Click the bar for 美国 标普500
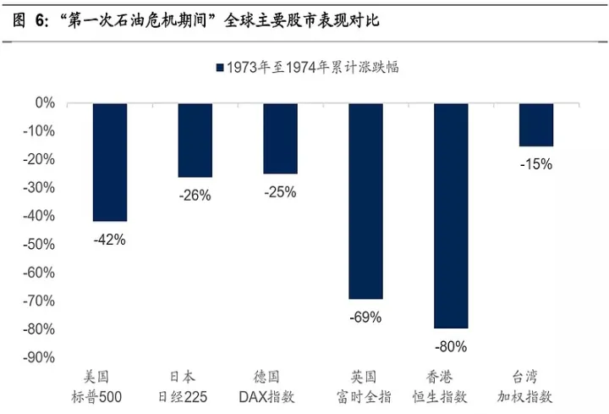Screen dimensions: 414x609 point(110,162)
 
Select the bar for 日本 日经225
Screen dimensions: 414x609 point(195,140)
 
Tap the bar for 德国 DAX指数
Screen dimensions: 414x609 point(280,138)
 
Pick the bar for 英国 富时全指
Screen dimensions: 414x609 point(365,201)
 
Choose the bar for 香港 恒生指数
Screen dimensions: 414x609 point(451,215)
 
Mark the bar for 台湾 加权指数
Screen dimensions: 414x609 point(536,124)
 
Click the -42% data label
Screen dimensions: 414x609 point(110,240)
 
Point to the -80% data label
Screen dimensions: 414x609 point(451,346)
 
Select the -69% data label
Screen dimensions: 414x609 point(365,317)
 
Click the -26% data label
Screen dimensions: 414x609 point(195,196)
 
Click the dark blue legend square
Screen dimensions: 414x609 point(219,68)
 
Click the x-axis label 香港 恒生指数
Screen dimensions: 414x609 point(451,385)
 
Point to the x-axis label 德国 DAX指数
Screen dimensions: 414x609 point(280,385)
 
